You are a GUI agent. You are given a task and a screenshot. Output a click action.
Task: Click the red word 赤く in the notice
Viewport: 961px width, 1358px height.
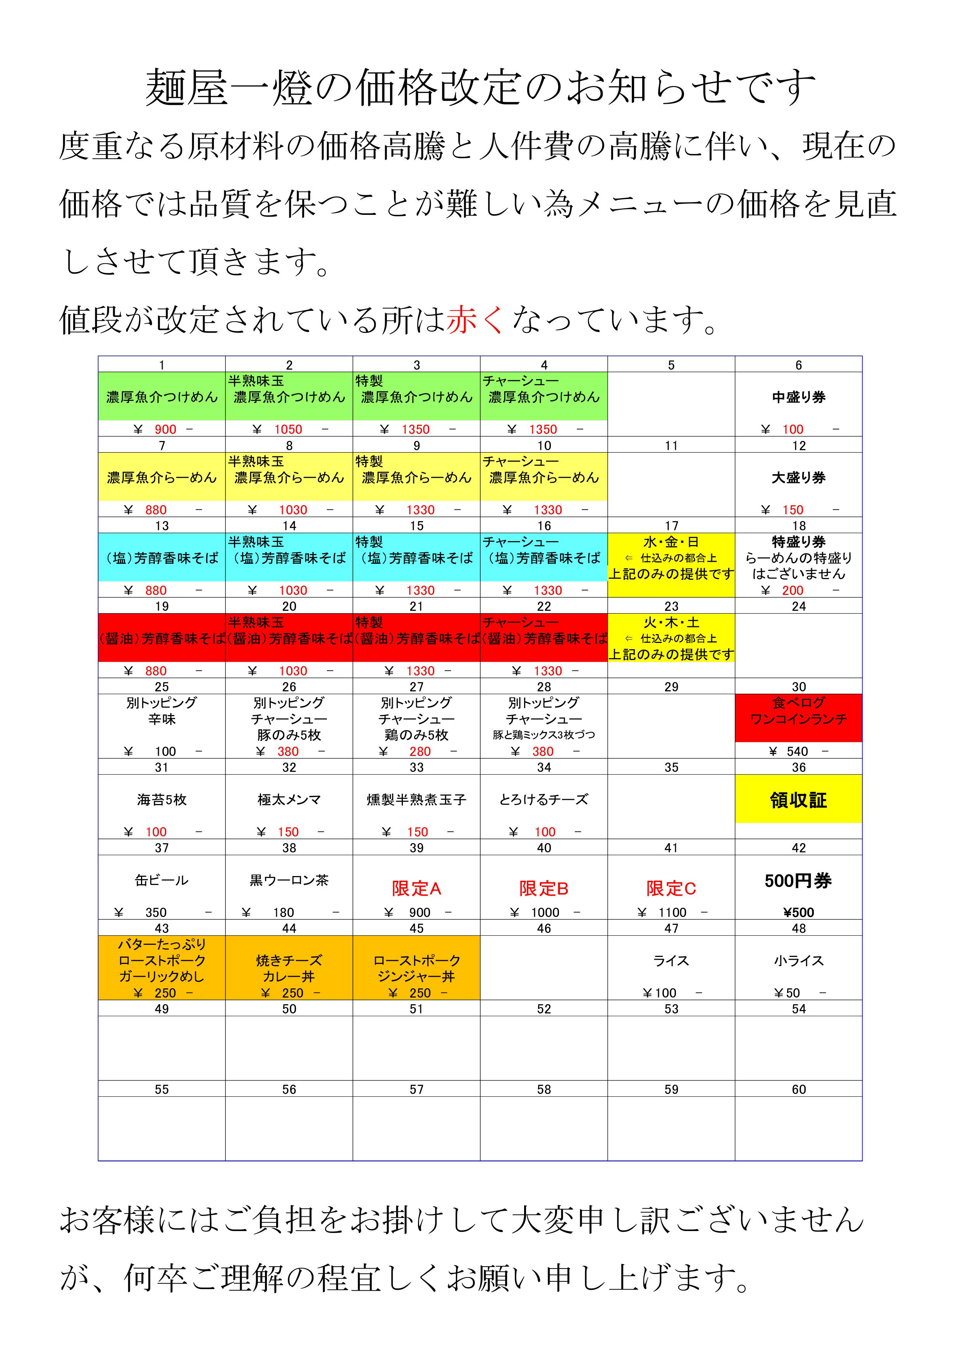475,320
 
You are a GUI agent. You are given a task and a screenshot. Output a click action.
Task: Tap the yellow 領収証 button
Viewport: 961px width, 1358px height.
798,800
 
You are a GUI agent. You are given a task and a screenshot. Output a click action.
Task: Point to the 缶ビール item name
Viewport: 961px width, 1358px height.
162,880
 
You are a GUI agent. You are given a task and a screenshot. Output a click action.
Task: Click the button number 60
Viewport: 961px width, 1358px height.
798,1089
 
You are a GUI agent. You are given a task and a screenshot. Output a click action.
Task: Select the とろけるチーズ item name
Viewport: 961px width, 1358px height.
544,800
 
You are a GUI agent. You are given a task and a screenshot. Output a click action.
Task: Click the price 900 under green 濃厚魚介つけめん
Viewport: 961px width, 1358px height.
166,429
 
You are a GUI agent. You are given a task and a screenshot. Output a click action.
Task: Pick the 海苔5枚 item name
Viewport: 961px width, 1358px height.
162,800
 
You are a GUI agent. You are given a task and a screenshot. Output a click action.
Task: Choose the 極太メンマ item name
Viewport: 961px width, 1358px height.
289,800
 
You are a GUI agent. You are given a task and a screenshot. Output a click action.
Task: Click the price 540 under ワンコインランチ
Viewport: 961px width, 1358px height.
797,751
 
